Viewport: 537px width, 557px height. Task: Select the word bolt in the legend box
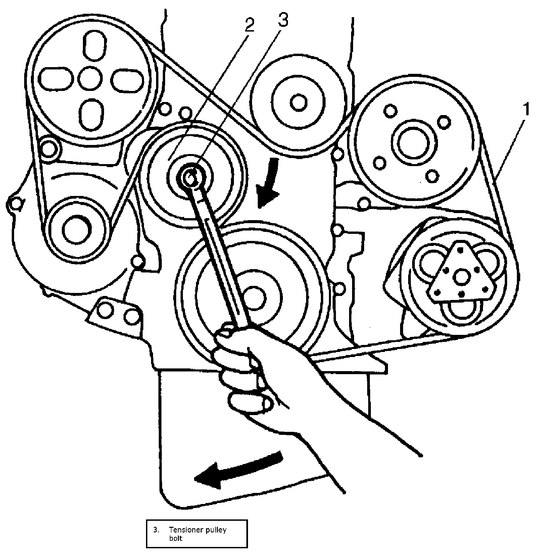point(176,539)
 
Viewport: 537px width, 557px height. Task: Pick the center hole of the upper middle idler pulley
point(298,102)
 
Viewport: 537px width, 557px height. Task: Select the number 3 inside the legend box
point(156,530)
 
